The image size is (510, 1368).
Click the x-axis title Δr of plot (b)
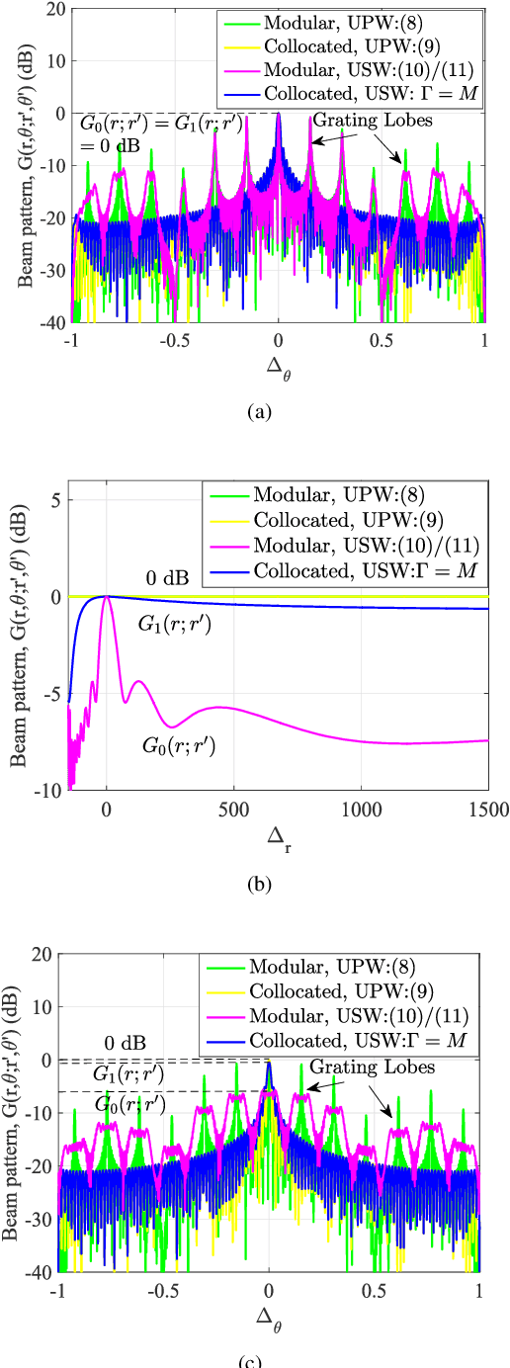278,840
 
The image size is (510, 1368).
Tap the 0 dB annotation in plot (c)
126,1043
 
